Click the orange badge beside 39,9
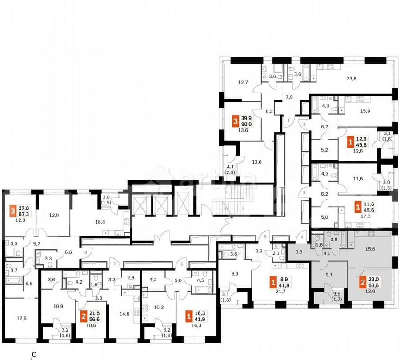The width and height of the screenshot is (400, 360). [x=235, y=121]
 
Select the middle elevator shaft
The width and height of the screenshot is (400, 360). [x=160, y=204]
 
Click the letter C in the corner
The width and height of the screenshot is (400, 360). [x=34, y=355]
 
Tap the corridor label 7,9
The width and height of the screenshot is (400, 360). [x=289, y=97]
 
